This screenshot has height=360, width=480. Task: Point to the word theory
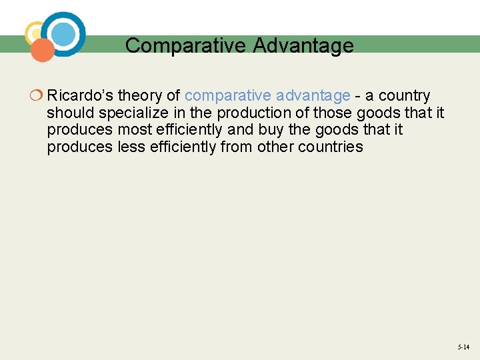(140, 96)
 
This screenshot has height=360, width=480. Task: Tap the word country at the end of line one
(405, 96)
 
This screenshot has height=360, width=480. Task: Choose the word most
(136, 129)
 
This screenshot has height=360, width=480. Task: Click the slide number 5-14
(463, 347)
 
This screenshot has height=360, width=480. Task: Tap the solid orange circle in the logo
(43, 51)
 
